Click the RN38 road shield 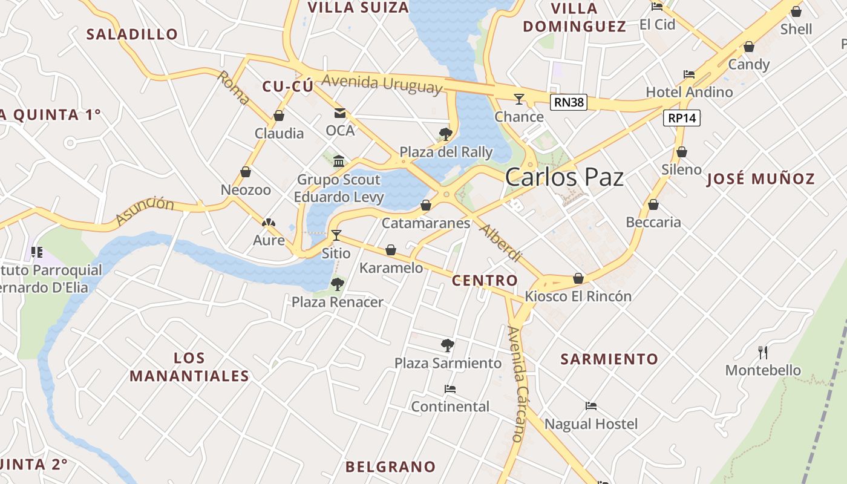569,102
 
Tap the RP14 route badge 682,118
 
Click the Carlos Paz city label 564,177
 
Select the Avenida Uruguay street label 382,83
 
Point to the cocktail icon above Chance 519,99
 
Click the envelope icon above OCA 339,113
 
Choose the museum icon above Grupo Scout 339,162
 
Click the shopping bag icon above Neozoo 246,172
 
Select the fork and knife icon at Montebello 763,352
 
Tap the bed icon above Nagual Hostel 591,406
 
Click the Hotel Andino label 689,92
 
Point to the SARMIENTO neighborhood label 609,359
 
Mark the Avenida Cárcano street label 516,384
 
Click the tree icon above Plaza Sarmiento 448,345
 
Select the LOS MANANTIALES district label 189,367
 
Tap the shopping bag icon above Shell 796,11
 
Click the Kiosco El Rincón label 578,296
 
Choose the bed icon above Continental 450,389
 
